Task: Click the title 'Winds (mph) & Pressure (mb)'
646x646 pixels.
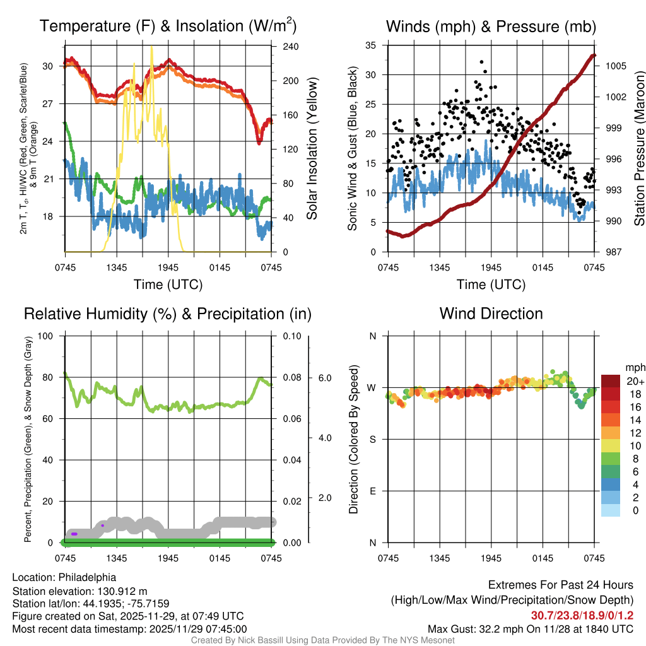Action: [491, 26]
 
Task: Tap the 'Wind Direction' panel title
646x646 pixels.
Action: [491, 314]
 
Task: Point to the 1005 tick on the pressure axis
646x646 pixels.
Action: [615, 66]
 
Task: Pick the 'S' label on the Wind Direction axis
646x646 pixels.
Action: [372, 440]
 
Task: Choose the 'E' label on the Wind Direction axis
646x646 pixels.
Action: [372, 491]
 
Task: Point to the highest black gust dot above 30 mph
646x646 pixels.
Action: [482, 62]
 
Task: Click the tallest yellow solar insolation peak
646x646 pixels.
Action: [151, 48]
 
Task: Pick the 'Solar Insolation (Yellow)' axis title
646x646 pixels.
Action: [312, 149]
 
